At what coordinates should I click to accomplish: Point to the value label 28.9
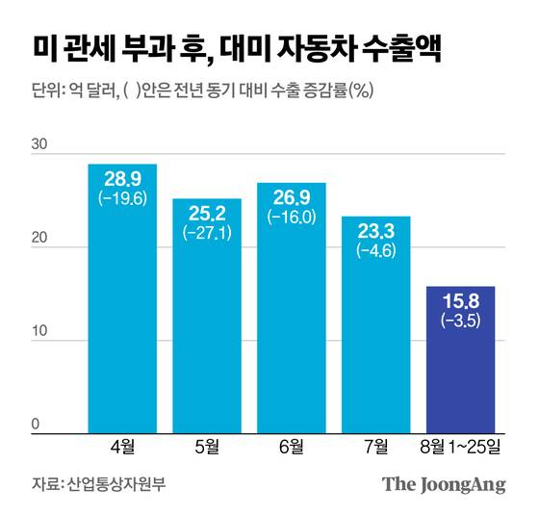122,181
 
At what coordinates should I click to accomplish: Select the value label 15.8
460,302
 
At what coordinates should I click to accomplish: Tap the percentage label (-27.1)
207,233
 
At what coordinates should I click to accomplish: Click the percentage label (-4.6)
375,251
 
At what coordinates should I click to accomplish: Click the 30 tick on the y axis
39,144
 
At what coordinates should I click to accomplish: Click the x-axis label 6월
291,446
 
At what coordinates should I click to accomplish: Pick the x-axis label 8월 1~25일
460,446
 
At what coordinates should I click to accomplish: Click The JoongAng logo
444,484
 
